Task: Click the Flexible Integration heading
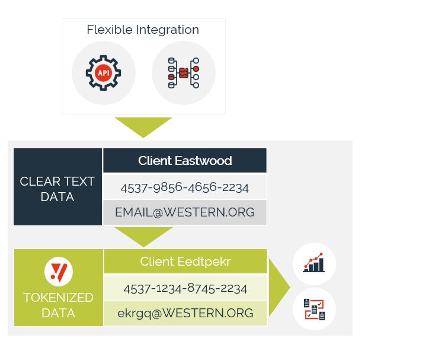pos(143,30)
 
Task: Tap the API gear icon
pos(103,73)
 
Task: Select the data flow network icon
pos(184,73)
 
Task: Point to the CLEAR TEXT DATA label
pos(57,189)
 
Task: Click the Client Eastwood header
pos(185,161)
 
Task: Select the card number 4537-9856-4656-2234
pos(185,187)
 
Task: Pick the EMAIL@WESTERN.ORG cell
pos(185,212)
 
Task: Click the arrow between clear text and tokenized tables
pos(143,235)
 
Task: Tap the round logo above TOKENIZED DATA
pos(59,272)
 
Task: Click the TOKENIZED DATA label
pos(58,305)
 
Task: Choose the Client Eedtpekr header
pos(185,262)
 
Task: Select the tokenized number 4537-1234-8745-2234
pos(185,288)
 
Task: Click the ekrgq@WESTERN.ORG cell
pos(185,313)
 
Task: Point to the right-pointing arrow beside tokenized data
pos(279,288)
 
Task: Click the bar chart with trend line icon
pos(314,263)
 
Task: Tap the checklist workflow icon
pos(314,309)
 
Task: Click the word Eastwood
pos(204,161)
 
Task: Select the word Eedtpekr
pos(204,262)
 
